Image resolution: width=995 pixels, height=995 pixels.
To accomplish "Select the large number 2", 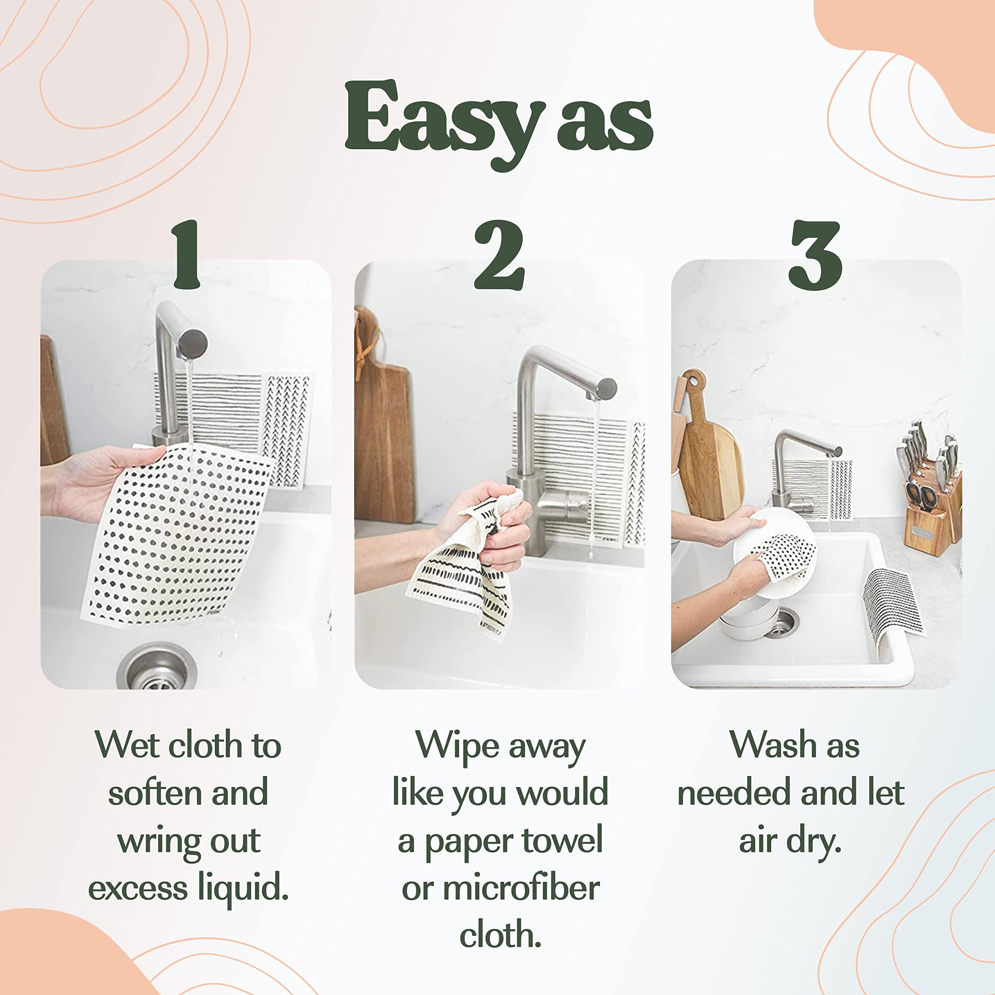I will [499, 255].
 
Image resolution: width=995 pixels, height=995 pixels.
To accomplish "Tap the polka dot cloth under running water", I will [175, 536].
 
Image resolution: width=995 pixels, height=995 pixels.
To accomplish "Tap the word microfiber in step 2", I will [521, 889].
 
